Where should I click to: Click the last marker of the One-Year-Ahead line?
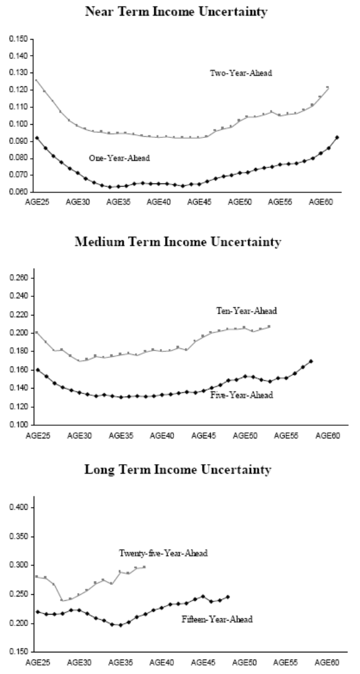[337, 137]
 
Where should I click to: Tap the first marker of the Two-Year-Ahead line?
[36, 80]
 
